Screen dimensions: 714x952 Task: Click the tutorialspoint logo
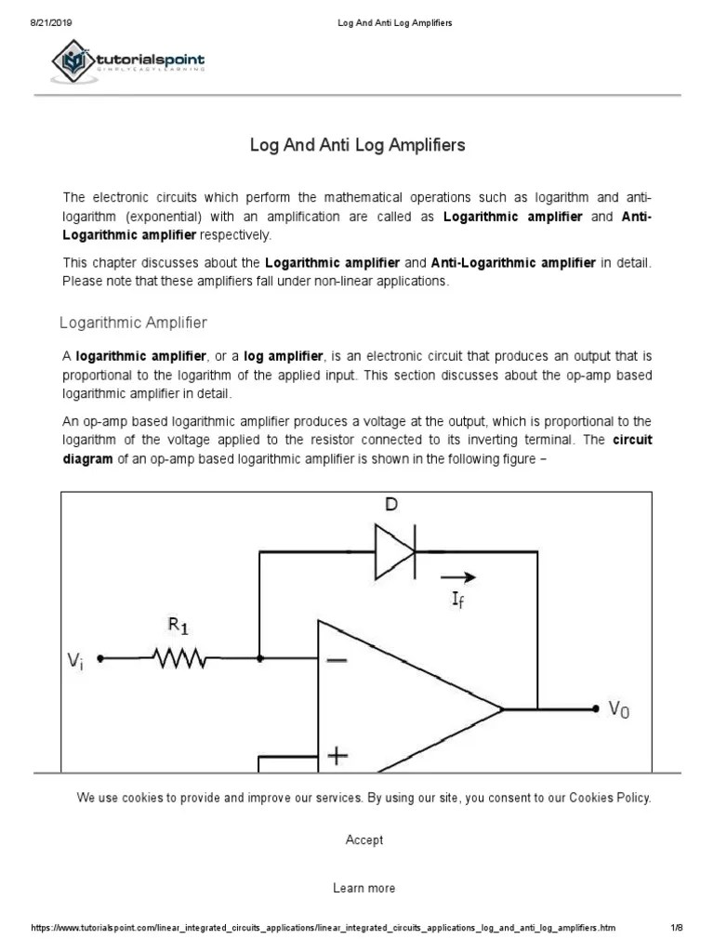[128, 62]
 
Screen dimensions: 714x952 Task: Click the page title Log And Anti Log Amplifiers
[357, 146]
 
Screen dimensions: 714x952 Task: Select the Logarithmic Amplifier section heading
[133, 323]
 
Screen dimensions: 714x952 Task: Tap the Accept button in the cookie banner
[364, 840]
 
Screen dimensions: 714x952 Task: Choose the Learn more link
[364, 888]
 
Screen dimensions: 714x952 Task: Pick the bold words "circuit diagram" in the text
[632, 440]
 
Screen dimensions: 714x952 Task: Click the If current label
[458, 601]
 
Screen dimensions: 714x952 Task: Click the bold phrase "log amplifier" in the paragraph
[284, 356]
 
